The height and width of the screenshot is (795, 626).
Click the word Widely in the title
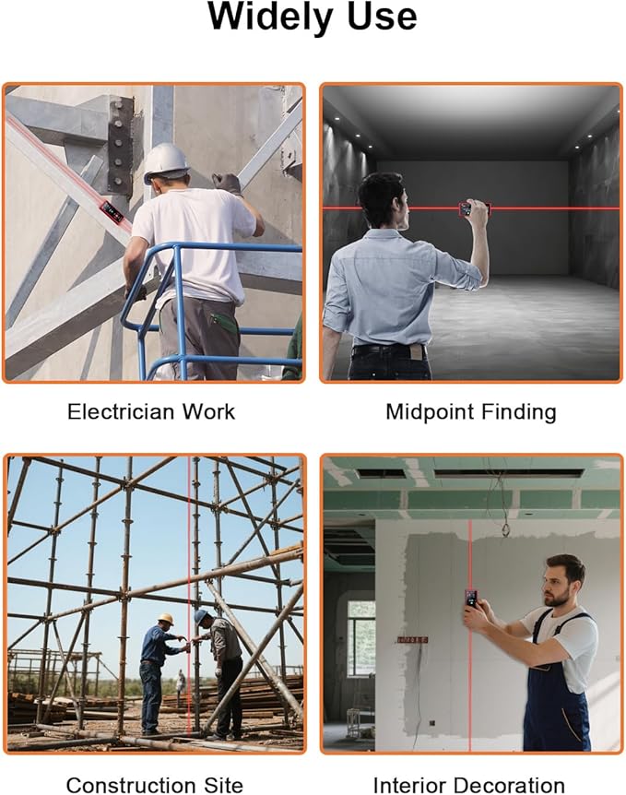(271, 18)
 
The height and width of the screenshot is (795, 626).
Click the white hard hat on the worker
(166, 162)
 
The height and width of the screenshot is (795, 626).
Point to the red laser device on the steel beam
(112, 211)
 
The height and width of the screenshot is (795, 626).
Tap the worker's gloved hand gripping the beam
(227, 183)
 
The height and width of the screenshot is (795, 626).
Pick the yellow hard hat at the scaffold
(165, 619)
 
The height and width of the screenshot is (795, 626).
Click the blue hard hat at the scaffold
(201, 615)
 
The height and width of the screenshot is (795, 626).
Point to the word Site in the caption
(223, 786)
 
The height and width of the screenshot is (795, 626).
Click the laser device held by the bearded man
(471, 599)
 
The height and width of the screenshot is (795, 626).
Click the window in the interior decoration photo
(361, 638)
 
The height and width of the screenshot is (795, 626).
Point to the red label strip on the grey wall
(412, 640)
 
